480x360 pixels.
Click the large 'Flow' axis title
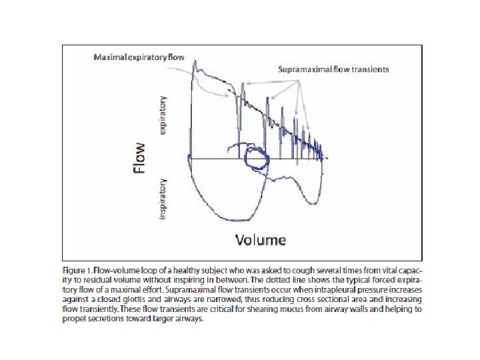(x=139, y=161)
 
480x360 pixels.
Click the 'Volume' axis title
(x=260, y=239)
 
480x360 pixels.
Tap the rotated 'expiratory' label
(x=163, y=114)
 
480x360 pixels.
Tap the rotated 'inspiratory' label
(x=163, y=197)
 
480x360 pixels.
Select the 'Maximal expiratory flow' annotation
(x=139, y=57)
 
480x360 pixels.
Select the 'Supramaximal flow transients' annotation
(x=333, y=69)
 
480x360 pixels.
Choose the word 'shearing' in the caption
(x=266, y=309)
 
